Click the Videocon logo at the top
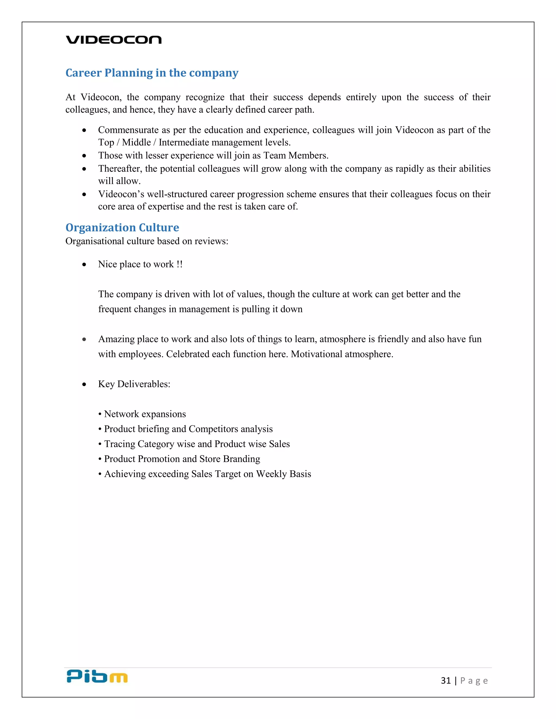[114, 40]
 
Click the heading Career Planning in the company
[152, 73]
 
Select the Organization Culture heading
[122, 227]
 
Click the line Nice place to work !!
[140, 264]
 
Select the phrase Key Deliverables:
[134, 384]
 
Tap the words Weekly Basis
[284, 474]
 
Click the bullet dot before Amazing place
[84, 339]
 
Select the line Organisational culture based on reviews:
[147, 241]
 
